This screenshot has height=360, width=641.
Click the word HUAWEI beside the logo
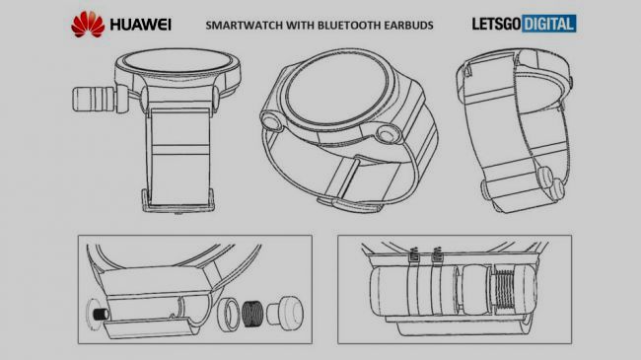141,25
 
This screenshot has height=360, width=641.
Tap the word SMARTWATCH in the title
244,26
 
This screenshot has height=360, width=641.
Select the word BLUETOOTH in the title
349,26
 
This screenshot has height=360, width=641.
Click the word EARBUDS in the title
409,26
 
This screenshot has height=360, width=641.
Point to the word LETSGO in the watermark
496,24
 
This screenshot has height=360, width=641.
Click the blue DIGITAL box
549,24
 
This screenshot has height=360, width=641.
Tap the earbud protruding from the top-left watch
94,99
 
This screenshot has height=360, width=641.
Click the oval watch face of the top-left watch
178,62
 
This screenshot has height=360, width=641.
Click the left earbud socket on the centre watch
271,121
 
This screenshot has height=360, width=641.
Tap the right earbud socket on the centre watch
388,134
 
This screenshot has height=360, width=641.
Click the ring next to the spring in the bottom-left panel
228,315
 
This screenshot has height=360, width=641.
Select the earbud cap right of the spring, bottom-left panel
285,312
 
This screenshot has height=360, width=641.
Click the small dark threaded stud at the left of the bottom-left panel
101,315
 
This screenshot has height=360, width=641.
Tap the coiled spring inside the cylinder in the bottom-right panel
507,290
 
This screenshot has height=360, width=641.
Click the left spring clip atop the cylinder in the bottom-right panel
414,254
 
